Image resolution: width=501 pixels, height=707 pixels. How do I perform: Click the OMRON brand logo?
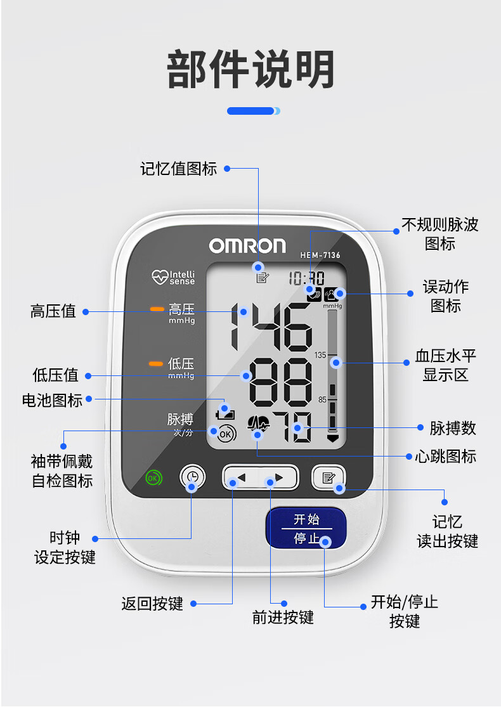pyautogui.click(x=247, y=246)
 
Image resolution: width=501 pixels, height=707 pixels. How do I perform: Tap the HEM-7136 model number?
pyautogui.click(x=320, y=256)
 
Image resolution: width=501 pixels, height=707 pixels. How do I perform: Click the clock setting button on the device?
pyautogui.click(x=193, y=477)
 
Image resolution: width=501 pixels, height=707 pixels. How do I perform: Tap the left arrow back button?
pyautogui.click(x=241, y=477)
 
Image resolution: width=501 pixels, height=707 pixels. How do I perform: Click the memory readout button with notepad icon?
pyautogui.click(x=328, y=477)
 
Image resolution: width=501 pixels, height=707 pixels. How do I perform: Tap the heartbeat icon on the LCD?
pyautogui.click(x=258, y=424)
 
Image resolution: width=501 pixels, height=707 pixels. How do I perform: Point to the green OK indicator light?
pyautogui.click(x=153, y=477)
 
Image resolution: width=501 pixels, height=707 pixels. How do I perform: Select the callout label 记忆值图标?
pyautogui.click(x=179, y=169)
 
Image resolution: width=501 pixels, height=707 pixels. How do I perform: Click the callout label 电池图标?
pyautogui.click(x=52, y=400)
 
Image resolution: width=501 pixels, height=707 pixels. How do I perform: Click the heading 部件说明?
pyautogui.click(x=251, y=70)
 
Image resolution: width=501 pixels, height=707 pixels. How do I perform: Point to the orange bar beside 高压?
pyautogui.click(x=157, y=309)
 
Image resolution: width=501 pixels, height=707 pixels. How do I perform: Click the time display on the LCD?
pyautogui.click(x=306, y=278)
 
